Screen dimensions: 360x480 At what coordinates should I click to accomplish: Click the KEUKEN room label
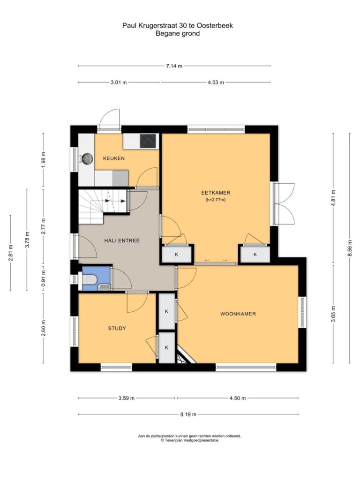114,158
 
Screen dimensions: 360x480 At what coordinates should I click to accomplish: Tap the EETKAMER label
216,193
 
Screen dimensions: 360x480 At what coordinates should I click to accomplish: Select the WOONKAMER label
238,314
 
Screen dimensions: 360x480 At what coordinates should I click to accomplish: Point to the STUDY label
117,329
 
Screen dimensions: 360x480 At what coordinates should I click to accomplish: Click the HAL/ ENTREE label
122,240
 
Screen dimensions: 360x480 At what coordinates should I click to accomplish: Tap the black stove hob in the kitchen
148,141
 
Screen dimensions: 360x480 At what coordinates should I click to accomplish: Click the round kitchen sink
88,158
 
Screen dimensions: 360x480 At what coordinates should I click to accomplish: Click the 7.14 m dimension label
174,66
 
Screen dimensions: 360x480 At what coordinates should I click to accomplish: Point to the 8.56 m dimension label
350,248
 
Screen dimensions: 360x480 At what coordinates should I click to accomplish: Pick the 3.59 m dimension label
127,398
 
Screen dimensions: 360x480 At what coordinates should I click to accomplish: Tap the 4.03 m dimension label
216,82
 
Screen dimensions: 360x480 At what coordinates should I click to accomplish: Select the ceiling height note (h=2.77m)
216,200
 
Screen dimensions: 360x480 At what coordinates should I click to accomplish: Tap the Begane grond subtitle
178,33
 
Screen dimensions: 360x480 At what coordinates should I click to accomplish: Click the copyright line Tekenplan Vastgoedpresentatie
189,441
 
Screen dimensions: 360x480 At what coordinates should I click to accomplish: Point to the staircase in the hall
103,205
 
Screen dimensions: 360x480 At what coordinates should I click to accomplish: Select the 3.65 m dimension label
333,314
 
